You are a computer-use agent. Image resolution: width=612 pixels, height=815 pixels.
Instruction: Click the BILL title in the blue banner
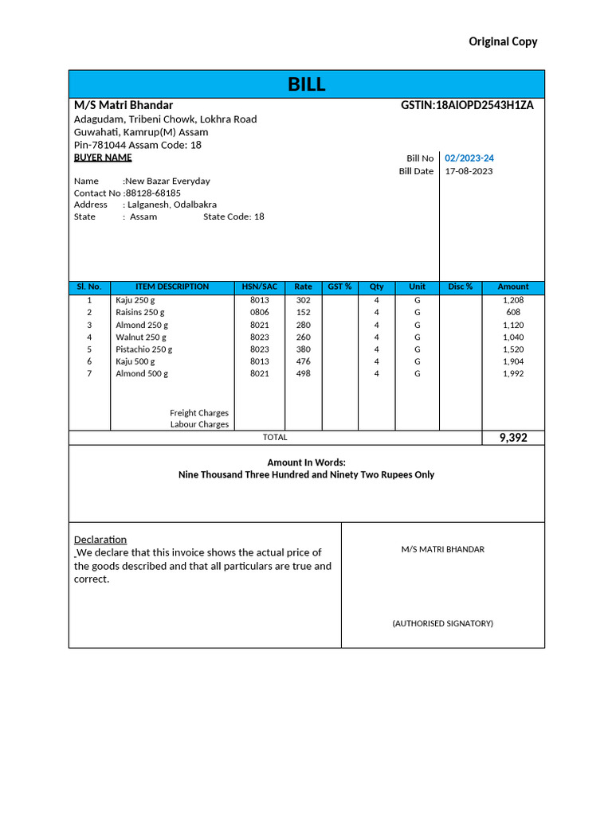306,85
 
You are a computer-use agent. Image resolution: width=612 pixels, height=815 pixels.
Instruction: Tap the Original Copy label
503,41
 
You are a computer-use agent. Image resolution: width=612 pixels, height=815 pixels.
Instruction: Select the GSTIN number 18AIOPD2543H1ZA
467,105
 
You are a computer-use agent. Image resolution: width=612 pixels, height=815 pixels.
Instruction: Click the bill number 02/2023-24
469,158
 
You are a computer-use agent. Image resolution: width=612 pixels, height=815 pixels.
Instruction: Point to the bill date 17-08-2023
469,171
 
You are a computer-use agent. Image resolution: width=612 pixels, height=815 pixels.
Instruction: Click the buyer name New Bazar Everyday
167,181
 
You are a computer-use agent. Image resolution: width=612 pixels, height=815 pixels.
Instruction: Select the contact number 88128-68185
152,193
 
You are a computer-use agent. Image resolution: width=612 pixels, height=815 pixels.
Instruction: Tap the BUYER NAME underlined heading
103,158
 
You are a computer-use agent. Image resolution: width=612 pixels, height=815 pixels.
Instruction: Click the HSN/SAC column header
260,287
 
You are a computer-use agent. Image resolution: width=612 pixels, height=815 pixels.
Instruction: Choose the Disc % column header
461,287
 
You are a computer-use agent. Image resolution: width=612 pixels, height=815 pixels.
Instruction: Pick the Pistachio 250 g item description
143,349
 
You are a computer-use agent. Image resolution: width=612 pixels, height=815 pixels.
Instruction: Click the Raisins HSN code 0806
260,313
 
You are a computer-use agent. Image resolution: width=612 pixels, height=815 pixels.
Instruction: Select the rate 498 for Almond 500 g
303,373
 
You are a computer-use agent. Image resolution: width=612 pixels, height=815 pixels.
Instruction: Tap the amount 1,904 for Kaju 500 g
513,361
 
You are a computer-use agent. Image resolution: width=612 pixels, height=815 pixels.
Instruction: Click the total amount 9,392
513,438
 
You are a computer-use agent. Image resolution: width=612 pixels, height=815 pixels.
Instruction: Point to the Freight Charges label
199,413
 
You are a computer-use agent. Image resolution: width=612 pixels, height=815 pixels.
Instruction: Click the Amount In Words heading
306,462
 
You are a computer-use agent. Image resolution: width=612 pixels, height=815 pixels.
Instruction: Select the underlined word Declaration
100,540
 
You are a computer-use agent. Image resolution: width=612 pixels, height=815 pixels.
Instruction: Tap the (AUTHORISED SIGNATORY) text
442,623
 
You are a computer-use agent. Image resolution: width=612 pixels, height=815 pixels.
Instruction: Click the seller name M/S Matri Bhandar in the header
124,105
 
